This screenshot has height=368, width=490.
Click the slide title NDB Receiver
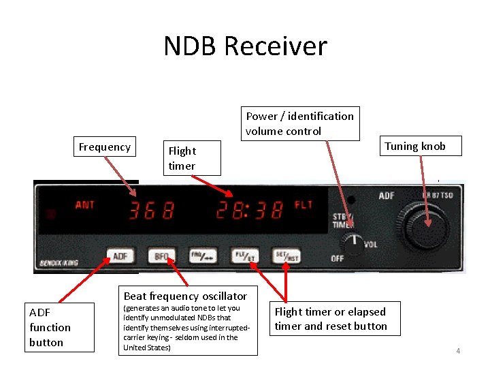click(245, 46)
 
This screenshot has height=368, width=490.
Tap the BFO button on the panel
click(162, 256)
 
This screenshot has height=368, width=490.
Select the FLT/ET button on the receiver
click(244, 256)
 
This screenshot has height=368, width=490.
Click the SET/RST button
click(286, 256)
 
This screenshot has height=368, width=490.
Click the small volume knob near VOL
click(352, 241)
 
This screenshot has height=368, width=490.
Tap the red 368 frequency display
click(152, 210)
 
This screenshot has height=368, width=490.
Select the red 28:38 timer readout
click(249, 210)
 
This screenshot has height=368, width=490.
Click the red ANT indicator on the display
click(85, 204)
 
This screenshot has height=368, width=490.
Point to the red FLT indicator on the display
click(304, 204)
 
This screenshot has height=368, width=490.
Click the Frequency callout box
click(104, 147)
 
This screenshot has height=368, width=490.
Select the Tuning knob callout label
click(415, 146)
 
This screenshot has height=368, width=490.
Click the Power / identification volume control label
click(300, 123)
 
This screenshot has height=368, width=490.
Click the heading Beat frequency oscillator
click(185, 296)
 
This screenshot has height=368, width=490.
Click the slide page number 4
click(458, 351)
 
